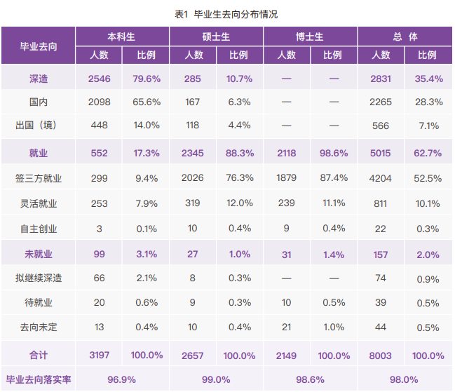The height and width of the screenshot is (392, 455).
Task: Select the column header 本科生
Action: coord(122,36)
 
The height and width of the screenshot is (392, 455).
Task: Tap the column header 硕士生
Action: coord(216,36)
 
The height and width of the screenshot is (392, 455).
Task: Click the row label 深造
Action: coord(39,79)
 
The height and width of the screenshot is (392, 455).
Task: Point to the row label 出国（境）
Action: coord(39,126)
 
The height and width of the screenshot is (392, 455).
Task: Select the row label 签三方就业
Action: coord(39,178)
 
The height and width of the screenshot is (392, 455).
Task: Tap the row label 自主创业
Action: coord(39,229)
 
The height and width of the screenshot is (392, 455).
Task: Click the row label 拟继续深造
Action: coord(39,278)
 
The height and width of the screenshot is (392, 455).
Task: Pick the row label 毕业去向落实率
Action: coord(39,379)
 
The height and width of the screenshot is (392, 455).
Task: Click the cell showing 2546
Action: coord(100,79)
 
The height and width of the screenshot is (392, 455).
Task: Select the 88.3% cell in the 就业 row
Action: coord(240,152)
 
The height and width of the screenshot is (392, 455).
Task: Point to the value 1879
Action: coord(287,178)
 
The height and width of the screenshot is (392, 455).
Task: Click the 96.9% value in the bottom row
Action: coord(122,379)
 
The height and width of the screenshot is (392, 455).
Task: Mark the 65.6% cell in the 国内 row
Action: coord(147,102)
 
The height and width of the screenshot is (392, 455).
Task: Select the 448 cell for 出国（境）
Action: coord(100,126)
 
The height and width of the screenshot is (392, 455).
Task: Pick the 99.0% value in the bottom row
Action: coord(216,379)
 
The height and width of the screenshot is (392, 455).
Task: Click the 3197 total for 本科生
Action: coord(100,356)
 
